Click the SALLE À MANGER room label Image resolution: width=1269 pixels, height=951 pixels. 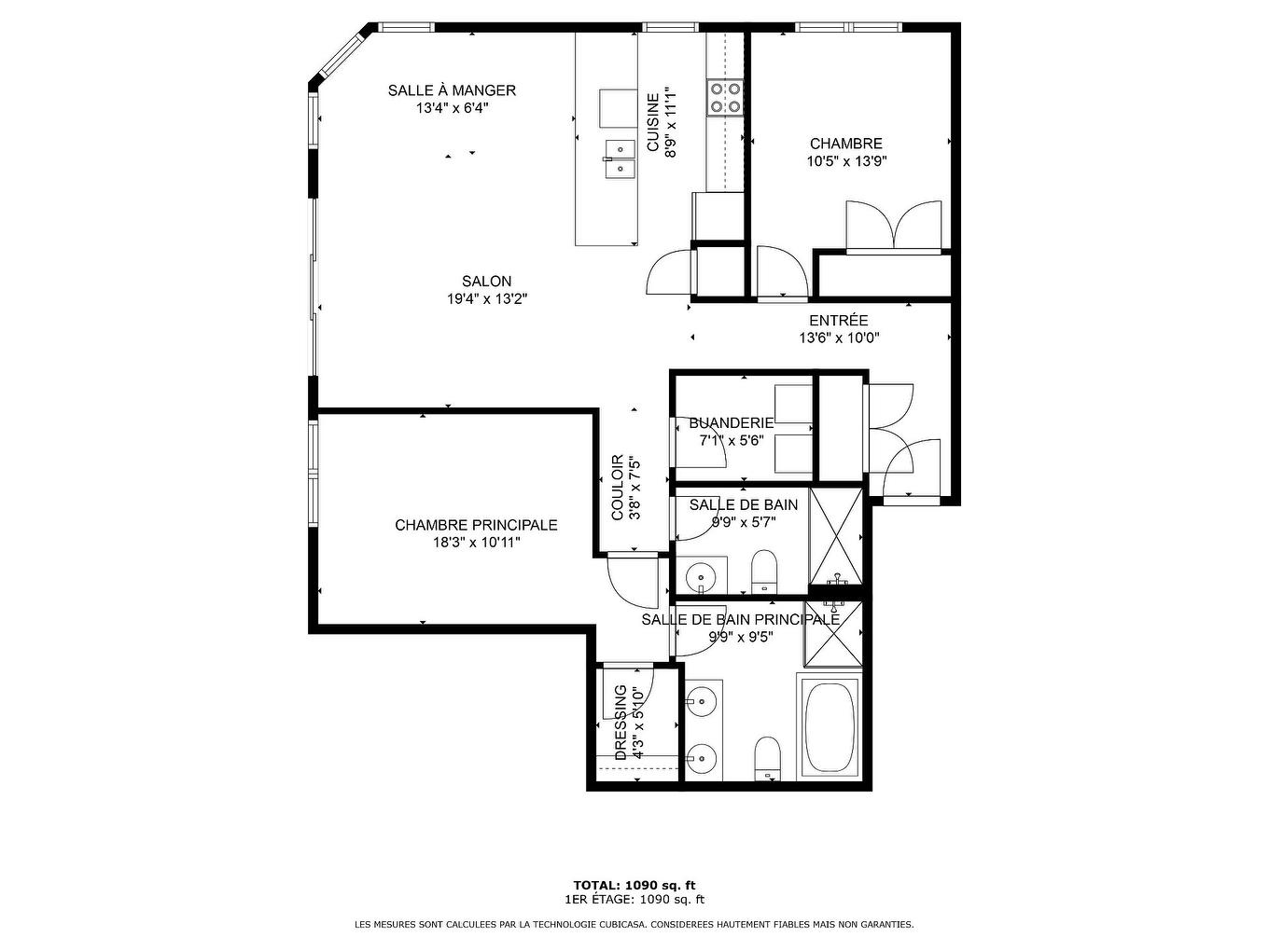[x=452, y=90]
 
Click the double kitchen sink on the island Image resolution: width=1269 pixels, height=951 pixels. [x=618, y=158]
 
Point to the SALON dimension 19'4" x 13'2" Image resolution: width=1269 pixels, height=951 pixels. [x=486, y=299]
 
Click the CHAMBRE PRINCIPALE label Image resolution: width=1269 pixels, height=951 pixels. [x=476, y=525]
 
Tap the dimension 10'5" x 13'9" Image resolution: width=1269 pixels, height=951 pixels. [x=845, y=160]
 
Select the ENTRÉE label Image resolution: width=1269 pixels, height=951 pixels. [x=838, y=321]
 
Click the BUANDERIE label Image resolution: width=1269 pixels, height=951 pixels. [x=731, y=423]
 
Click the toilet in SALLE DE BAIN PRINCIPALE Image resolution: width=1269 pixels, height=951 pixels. [x=767, y=756]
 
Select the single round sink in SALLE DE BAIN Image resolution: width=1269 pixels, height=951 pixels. [x=700, y=576]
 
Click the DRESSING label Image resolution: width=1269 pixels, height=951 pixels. [x=621, y=723]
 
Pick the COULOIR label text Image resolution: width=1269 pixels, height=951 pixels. [x=618, y=488]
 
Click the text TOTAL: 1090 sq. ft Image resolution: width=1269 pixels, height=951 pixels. [x=634, y=885]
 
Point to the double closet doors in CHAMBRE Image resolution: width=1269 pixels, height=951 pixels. [x=894, y=227]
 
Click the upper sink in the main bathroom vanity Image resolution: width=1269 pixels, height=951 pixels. [x=701, y=699]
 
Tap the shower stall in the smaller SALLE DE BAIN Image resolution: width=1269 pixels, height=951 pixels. [x=835, y=536]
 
